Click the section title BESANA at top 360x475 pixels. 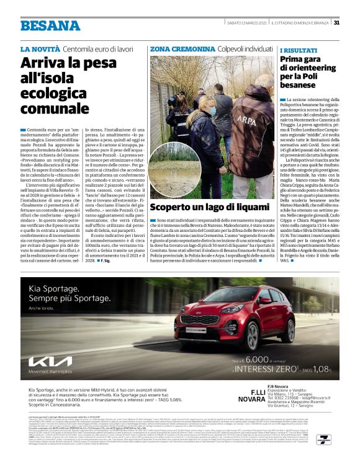(50, 25)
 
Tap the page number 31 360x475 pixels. (336, 23)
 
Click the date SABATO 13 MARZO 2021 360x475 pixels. (247, 23)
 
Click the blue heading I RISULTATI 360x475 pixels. (298, 49)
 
